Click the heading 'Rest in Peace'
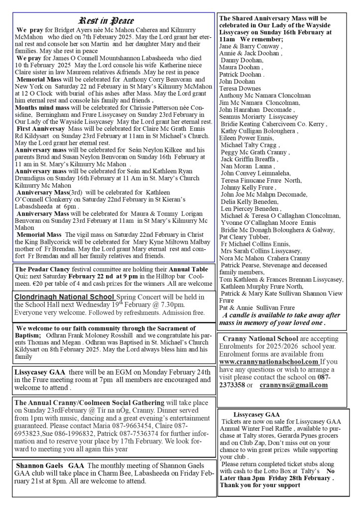pyautogui.click(x=106, y=20)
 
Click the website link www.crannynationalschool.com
pyautogui.click(x=269, y=362)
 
